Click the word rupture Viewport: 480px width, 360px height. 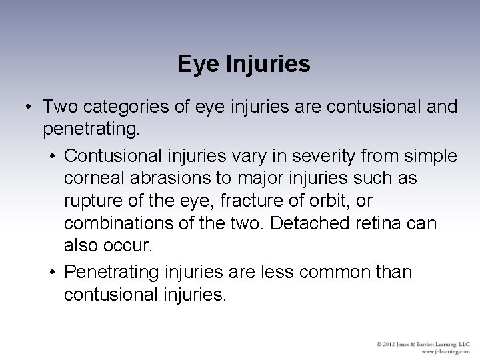(x=90, y=201)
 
